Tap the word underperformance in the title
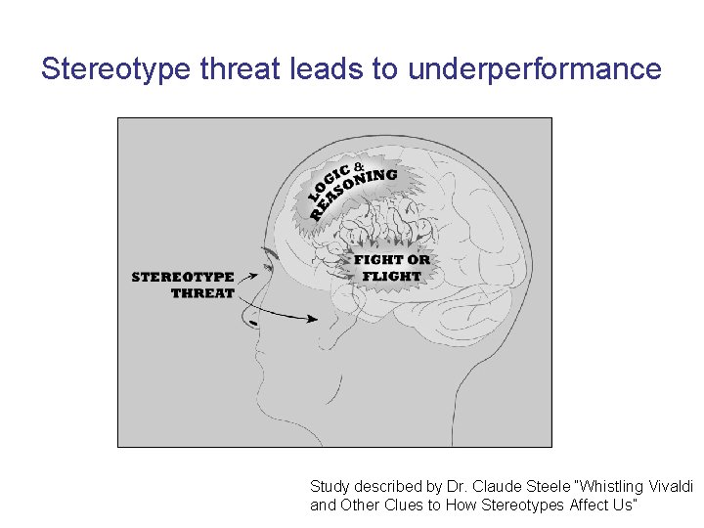535,69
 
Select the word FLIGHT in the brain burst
391,276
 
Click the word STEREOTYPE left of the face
183,277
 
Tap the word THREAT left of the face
202,292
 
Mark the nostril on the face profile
254,322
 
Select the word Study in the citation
329,486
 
